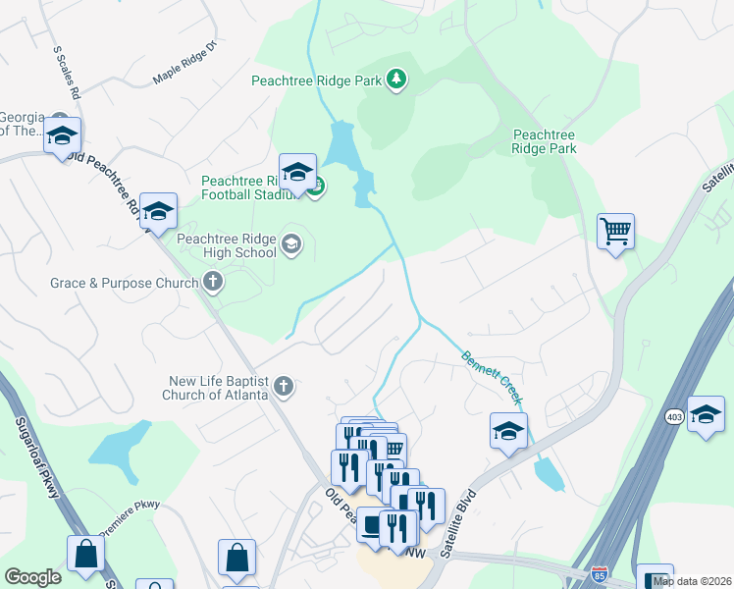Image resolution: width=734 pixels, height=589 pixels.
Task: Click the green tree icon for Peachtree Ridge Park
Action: tap(395, 78)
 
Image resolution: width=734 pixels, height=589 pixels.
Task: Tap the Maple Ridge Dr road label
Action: tap(189, 66)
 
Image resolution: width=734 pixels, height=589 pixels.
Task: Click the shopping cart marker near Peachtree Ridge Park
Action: tap(615, 233)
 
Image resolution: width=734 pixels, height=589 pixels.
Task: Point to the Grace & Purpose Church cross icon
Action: tap(212, 284)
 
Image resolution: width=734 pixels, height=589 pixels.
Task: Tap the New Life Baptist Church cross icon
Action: tap(283, 387)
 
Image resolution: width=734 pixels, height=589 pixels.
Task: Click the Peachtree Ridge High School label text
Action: tap(226, 244)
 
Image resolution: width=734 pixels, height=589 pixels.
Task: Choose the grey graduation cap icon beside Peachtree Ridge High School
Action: tap(291, 243)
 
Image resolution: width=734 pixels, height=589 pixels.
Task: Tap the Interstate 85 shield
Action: tap(600, 571)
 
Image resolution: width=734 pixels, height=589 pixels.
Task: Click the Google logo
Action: tap(32, 576)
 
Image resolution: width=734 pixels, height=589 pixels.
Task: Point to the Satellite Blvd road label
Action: tap(459, 523)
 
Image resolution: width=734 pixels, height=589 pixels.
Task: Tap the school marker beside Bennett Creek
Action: tap(508, 431)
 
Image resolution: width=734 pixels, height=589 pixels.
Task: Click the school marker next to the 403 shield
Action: tap(705, 414)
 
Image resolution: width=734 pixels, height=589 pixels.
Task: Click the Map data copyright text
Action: tap(692, 581)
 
